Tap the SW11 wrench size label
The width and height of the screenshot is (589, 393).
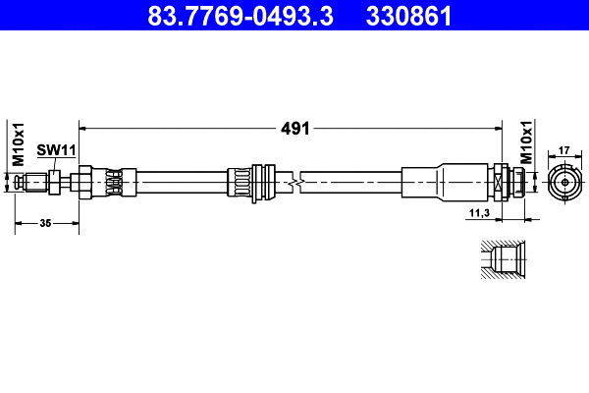[56, 149]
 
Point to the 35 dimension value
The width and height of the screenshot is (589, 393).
[46, 224]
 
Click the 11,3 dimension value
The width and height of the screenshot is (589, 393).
[478, 212]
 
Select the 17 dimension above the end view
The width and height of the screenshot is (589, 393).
[563, 150]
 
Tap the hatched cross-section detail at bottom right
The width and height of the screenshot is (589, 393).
[505, 260]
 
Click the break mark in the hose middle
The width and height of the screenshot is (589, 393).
[295, 182]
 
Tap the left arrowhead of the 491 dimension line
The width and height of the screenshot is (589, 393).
[83, 128]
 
